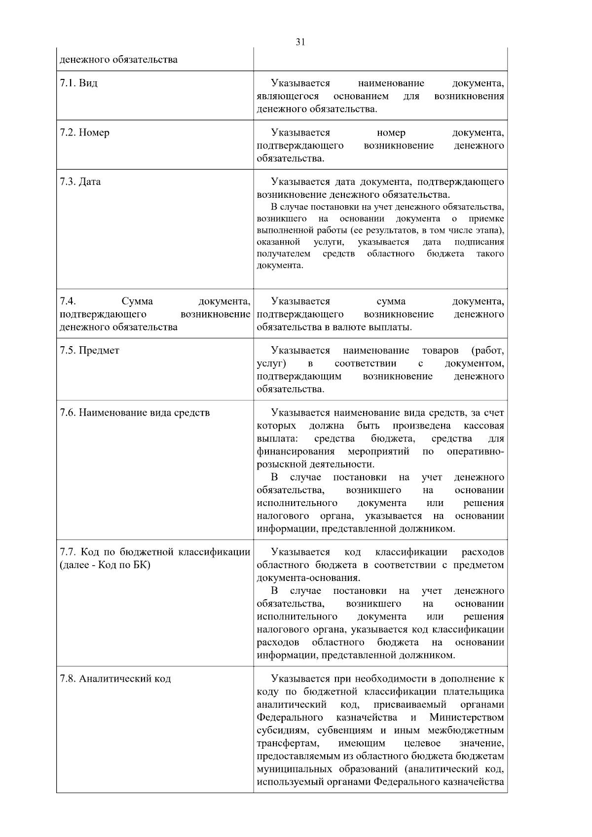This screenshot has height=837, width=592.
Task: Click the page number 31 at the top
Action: click(300, 42)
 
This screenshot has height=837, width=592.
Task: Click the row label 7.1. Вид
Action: click(78, 83)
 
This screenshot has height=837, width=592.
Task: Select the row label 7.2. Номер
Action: click(84, 133)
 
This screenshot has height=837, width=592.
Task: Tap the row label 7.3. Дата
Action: click(80, 182)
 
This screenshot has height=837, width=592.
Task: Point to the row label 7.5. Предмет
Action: click(89, 351)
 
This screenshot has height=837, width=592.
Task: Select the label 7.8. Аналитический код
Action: click(115, 679)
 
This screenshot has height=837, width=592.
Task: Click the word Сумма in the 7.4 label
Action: click(137, 301)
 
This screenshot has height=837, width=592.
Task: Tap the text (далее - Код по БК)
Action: click(105, 565)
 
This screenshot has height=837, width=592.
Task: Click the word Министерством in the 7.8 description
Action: click(466, 717)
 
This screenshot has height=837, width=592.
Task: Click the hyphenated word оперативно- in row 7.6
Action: click(475, 451)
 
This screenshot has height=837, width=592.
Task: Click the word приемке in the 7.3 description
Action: click(486, 218)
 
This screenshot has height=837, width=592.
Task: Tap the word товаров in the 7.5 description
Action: click(440, 351)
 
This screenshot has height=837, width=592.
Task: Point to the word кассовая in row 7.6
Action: click(483, 426)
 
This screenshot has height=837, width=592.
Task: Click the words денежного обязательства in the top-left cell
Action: click(118, 60)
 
